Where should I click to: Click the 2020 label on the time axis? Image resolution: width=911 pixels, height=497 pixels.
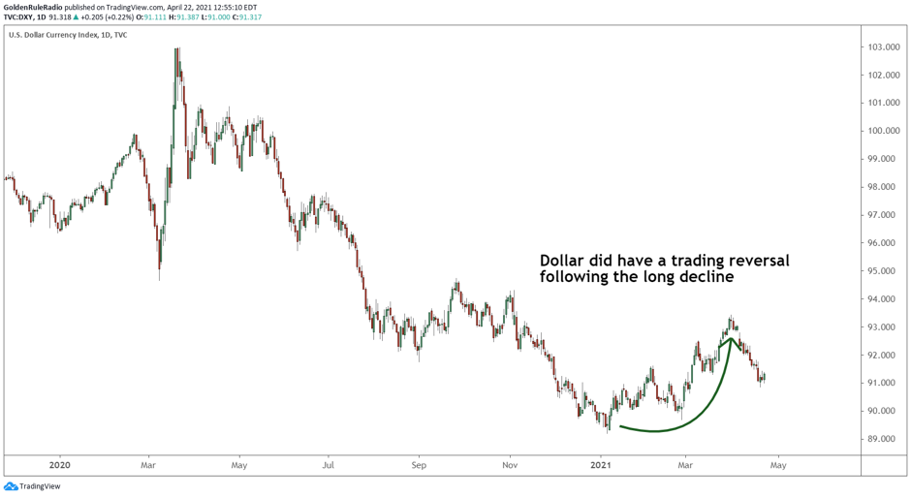[59, 465]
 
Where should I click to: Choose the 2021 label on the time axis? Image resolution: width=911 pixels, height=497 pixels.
[601, 465]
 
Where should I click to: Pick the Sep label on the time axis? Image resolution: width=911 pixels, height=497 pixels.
[419, 465]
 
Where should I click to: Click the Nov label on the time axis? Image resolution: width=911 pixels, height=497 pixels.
[509, 465]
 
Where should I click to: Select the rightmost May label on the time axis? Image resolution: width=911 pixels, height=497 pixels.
[777, 465]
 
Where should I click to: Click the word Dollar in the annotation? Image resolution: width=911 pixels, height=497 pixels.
[563, 261]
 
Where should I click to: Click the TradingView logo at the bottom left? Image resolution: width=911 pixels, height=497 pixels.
[32, 486]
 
